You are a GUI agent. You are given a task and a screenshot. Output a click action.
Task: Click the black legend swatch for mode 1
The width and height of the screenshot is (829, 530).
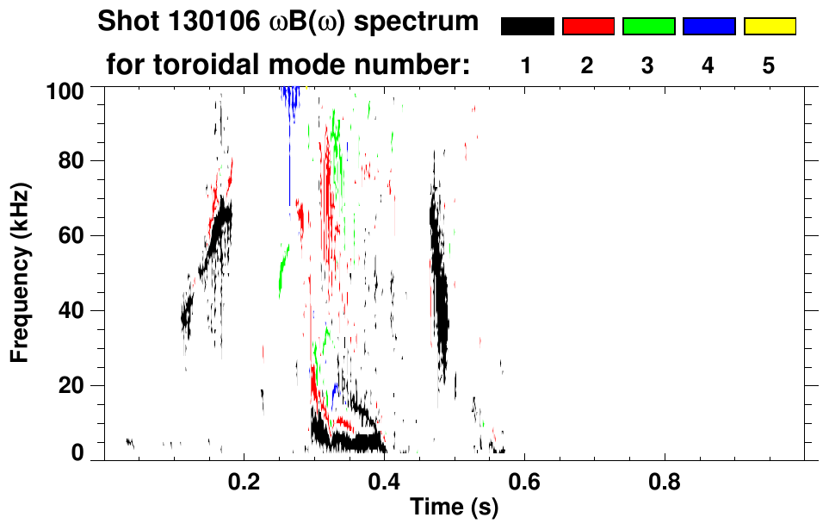pyautogui.click(x=527, y=27)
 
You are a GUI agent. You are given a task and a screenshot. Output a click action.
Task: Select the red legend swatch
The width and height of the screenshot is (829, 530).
pyautogui.click(x=588, y=27)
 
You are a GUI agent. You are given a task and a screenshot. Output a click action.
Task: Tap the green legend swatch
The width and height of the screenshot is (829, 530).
pyautogui.click(x=648, y=27)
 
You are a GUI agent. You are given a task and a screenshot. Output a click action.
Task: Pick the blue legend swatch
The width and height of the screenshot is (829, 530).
pyautogui.click(x=708, y=27)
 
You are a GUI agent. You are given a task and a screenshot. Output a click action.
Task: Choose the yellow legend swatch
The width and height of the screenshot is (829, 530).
pyautogui.click(x=769, y=27)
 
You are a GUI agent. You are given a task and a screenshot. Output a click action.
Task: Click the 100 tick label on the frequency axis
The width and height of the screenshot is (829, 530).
pyautogui.click(x=65, y=89)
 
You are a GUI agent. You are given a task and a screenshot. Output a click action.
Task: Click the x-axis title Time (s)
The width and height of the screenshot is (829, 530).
pyautogui.click(x=454, y=508)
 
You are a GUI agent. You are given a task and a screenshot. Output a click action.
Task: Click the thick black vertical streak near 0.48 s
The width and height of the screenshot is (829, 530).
pyautogui.click(x=441, y=302)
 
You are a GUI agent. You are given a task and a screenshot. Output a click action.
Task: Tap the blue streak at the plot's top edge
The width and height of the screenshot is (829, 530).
pyautogui.click(x=293, y=97)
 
